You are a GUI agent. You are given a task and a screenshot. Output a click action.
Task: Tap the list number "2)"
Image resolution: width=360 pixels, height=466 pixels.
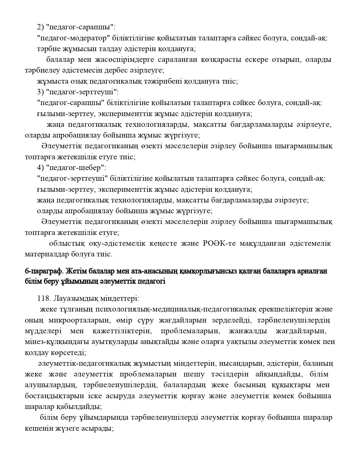pos(40,27)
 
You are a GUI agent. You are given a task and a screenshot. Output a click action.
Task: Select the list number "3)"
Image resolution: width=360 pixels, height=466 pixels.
pos(40,92)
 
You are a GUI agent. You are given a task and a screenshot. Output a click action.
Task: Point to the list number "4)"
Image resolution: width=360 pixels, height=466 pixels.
pos(40,168)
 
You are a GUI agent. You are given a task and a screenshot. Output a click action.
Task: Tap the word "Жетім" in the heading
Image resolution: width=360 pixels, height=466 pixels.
pos(76,271)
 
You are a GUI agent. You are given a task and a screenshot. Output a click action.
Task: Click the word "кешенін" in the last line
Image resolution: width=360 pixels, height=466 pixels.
pos(36,428)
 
